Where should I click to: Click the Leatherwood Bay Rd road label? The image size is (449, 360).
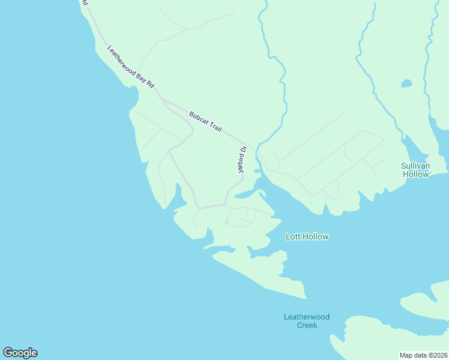pos(130,67)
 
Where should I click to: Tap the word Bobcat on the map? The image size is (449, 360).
pos(199,117)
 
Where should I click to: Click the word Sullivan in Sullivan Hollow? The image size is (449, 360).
pos(415,165)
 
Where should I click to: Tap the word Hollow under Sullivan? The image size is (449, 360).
pos(415,174)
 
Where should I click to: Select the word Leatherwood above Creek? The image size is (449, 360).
pos(307,317)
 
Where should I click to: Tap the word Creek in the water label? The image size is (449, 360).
pos(307,325)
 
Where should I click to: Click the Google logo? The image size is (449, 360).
pos(20,353)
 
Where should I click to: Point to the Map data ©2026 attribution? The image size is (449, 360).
pos(424,355)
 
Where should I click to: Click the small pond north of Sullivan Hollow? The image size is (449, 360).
pos(406,83)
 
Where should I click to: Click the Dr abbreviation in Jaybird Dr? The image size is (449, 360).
pos(243,149)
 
